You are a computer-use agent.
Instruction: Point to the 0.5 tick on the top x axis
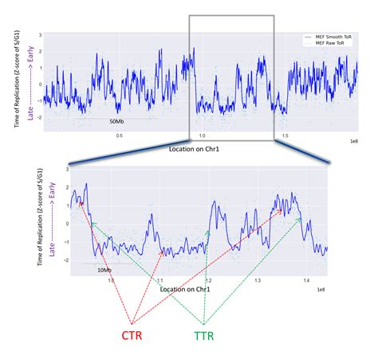120,135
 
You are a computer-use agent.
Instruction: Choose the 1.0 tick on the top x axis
202,135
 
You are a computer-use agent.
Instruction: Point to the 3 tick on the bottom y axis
67,170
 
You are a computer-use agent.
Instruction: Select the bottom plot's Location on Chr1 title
185,289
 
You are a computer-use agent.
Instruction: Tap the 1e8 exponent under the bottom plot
321,292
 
